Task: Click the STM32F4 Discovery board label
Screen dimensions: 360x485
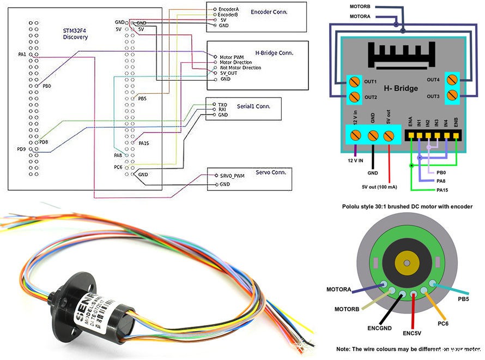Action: tap(75, 33)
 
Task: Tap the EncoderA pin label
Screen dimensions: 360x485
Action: tap(229, 9)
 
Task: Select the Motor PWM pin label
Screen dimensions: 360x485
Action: tap(232, 57)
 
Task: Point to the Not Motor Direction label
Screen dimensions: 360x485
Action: tap(240, 68)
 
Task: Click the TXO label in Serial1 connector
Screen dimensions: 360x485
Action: tap(222, 104)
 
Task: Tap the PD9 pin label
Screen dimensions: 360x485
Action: tap(21, 148)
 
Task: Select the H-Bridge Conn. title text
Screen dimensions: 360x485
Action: tap(274, 53)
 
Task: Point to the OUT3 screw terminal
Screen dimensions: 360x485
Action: tap(452, 96)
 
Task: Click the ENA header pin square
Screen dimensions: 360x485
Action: tap(410, 134)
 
